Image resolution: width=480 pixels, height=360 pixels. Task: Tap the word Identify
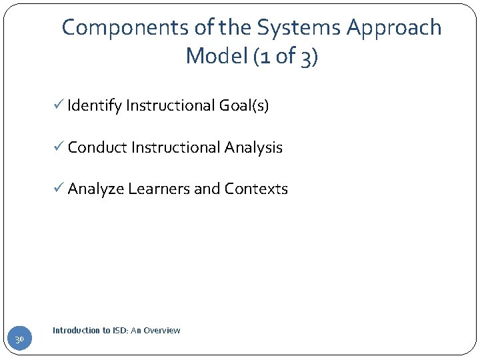pos(94,106)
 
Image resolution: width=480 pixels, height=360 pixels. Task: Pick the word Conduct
pos(97,147)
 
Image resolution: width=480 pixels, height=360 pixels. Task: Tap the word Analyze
pos(96,189)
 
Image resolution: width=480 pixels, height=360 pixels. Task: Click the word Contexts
pos(256,189)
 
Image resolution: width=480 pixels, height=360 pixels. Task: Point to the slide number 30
pos(20,340)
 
